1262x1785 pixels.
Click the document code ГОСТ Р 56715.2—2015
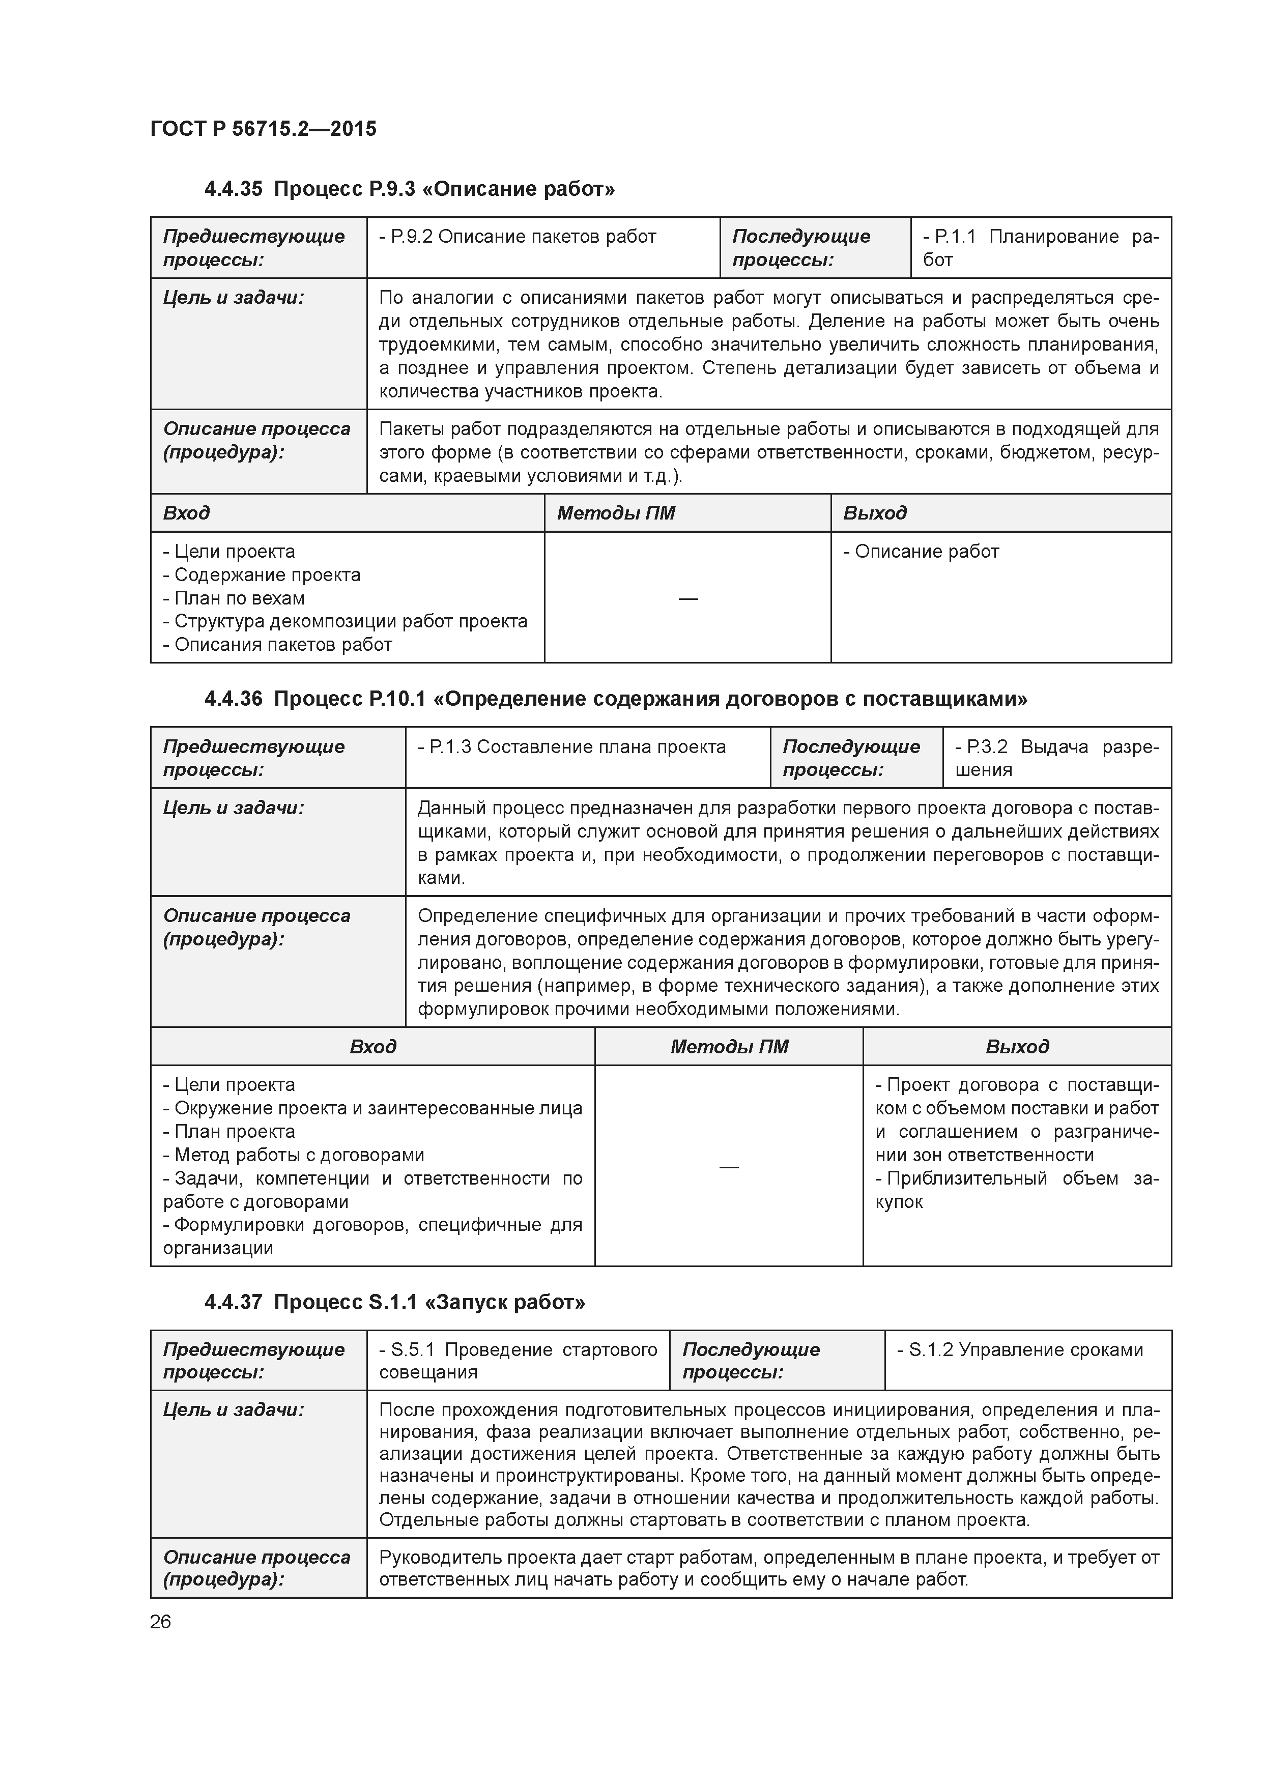(x=263, y=129)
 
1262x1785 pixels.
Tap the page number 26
(x=160, y=1622)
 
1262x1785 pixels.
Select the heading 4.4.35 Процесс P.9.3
(x=409, y=189)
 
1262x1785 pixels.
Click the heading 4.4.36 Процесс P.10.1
(x=615, y=699)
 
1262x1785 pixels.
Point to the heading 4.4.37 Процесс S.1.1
(x=394, y=1302)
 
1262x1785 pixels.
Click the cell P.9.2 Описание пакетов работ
(x=518, y=236)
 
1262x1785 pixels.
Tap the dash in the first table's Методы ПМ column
(x=687, y=598)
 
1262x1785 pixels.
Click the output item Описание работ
(x=922, y=552)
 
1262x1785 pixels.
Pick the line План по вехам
(x=234, y=598)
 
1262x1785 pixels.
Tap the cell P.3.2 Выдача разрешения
(x=1056, y=758)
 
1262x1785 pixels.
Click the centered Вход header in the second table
(x=372, y=1047)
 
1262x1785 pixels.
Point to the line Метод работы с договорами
(x=294, y=1155)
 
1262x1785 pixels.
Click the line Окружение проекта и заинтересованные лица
(x=372, y=1109)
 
